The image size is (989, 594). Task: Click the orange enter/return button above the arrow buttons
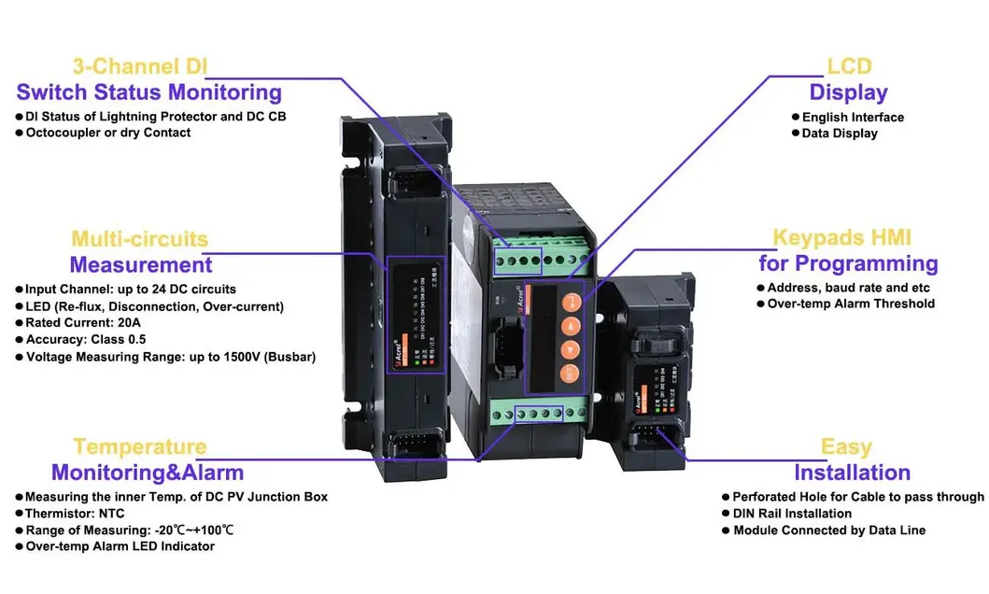click(570, 302)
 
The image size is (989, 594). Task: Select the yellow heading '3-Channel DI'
click(140, 66)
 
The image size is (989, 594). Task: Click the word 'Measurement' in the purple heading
click(141, 264)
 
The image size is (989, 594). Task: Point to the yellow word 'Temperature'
click(140, 446)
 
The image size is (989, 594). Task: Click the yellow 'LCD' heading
click(849, 66)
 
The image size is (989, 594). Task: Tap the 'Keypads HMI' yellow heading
click(841, 238)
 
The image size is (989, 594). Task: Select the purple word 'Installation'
click(852, 473)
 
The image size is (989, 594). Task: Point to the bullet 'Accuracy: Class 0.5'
click(85, 340)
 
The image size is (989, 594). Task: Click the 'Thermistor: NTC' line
click(74, 514)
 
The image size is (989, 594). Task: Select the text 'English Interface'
click(853, 118)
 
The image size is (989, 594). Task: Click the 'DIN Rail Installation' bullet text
click(792, 514)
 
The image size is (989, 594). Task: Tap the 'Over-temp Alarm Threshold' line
click(850, 304)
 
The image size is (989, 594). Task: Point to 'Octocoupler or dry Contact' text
click(107, 133)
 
